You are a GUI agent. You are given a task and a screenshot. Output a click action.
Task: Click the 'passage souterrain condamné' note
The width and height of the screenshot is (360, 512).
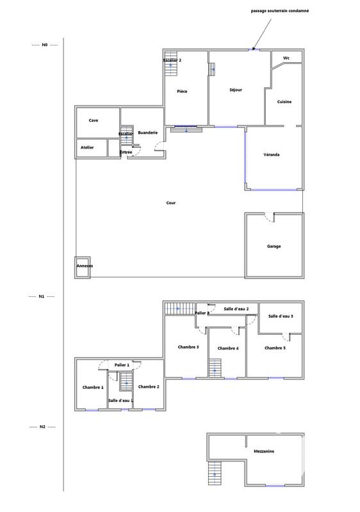(x=279, y=11)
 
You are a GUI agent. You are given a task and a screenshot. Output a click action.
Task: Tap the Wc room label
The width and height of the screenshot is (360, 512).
(x=286, y=58)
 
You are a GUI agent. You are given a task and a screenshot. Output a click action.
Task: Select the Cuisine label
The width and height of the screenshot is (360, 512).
(x=284, y=102)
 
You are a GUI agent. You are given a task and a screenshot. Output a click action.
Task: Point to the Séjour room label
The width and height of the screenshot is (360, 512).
(x=235, y=90)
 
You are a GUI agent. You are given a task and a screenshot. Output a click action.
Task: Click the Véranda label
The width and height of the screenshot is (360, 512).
(x=272, y=155)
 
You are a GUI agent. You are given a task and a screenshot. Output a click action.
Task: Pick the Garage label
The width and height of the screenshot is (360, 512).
(x=274, y=246)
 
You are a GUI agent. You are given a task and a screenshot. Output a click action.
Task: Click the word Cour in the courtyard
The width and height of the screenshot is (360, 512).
(x=170, y=203)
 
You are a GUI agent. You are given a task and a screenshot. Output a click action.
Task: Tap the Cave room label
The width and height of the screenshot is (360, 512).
(x=94, y=120)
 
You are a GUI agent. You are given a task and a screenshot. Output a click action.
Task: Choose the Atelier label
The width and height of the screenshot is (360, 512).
(x=87, y=147)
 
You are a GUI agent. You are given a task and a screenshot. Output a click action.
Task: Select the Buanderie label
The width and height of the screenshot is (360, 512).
(x=148, y=132)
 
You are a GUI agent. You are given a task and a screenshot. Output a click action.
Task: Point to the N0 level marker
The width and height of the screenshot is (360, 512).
(x=45, y=45)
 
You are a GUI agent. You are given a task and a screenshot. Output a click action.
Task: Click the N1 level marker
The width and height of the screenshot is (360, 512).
(x=42, y=297)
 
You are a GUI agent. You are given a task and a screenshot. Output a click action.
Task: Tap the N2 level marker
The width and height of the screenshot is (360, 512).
(x=42, y=426)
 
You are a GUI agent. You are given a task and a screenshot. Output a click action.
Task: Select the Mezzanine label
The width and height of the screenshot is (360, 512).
(x=264, y=451)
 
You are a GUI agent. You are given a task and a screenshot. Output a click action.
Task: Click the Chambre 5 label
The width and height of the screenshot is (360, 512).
(x=275, y=348)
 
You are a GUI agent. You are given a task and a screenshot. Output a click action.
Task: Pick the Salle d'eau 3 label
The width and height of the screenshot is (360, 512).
(x=281, y=316)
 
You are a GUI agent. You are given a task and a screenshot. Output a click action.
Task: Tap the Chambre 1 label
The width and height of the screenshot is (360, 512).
(x=93, y=387)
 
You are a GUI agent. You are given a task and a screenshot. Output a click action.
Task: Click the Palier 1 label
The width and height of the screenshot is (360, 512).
(x=122, y=365)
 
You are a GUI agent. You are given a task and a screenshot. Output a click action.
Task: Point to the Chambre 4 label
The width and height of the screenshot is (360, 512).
(x=228, y=348)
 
